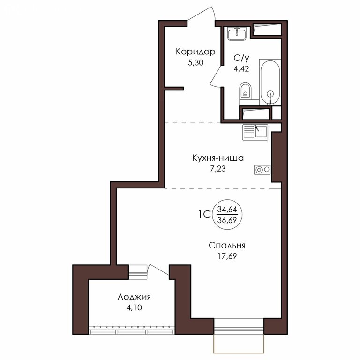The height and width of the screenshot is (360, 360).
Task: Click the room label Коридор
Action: point(195,52)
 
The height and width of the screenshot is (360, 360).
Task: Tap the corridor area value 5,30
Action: point(195,63)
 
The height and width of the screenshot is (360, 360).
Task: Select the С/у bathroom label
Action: point(241,58)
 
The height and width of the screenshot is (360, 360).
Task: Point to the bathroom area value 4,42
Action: point(241,68)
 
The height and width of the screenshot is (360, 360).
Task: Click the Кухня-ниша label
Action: point(218,158)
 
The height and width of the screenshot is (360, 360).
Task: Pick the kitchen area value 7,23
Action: point(218,169)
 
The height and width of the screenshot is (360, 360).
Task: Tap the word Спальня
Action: point(227,246)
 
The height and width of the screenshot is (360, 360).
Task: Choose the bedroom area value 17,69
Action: point(227,256)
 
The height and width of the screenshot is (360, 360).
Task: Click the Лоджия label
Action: point(134,297)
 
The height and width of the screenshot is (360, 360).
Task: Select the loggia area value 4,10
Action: point(134,307)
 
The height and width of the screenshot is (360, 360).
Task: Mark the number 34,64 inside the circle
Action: point(227,210)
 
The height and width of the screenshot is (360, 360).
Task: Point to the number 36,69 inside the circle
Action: point(227,220)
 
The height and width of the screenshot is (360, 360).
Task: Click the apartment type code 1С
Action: point(204,215)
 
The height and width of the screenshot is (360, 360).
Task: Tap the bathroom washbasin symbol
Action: point(237,34)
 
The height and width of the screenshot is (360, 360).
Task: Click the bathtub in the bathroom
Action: point(270,82)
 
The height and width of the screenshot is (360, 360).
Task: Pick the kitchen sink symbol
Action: point(255,132)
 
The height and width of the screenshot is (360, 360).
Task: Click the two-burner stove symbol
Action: point(262,170)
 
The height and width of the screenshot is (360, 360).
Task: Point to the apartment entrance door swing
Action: point(202,13)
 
